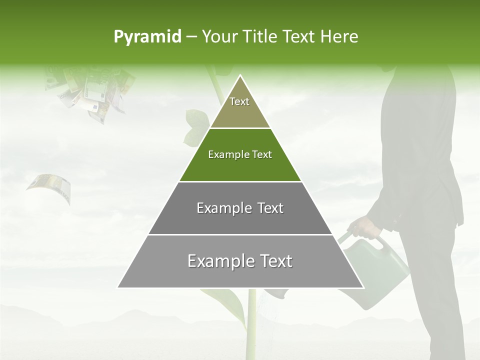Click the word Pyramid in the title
[147, 36]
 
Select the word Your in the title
[220, 36]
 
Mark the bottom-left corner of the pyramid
[118, 287]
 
